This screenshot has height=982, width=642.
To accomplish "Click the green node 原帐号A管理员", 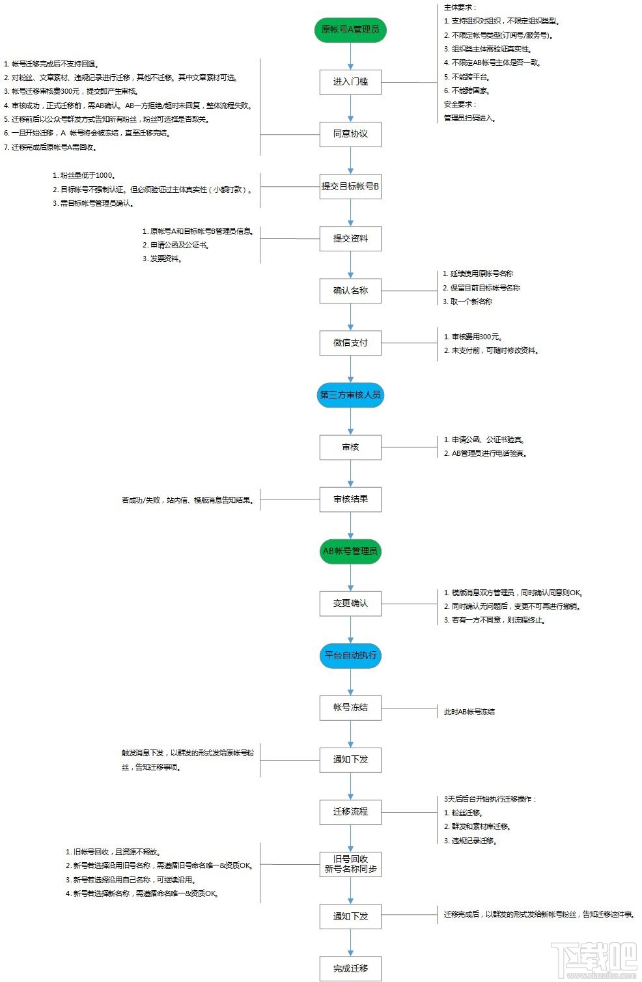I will (350, 30).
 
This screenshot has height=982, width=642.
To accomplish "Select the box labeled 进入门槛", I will (350, 82).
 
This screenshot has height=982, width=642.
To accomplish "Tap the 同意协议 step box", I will (350, 134).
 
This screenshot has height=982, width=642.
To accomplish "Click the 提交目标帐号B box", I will (350, 186).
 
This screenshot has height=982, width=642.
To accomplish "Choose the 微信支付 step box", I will (350, 343).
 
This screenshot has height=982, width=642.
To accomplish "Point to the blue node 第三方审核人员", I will (350, 395).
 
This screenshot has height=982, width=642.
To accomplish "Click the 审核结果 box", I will (350, 499).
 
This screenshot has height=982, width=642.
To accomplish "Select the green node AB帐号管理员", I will (350, 551).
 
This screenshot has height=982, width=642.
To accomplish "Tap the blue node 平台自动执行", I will (350, 655).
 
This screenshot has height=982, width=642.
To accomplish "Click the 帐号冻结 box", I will (350, 707).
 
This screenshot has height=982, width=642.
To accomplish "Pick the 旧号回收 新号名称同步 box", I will (350, 864).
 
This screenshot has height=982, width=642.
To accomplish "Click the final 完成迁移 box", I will (350, 968).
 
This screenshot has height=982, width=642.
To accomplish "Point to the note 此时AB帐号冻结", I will (469, 712).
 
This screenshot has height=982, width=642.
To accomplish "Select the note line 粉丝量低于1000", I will (85, 175).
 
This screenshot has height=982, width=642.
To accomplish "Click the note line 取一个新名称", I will (468, 302).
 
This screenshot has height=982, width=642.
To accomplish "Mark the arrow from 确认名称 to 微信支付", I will (350, 317).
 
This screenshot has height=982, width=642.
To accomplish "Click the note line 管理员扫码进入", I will (469, 118).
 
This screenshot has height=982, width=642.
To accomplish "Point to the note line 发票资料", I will (162, 259).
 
